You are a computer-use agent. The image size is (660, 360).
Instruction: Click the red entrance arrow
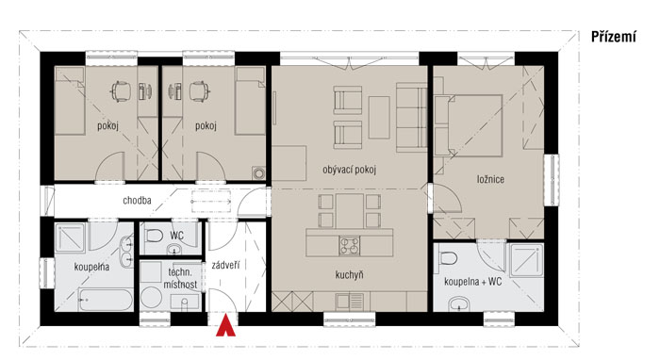click(x=225, y=327)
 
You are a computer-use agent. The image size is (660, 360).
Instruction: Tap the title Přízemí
click(x=613, y=37)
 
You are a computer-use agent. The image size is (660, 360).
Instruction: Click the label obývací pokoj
click(x=350, y=170)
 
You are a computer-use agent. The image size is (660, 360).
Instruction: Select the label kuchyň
click(x=349, y=275)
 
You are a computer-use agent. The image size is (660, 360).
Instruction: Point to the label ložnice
click(x=490, y=179)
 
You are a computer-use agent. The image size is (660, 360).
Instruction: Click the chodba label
click(x=137, y=200)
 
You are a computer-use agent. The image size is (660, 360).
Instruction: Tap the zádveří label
click(x=226, y=265)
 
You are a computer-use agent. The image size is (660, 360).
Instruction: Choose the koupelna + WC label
click(x=473, y=282)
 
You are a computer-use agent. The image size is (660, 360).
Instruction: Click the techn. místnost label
click(x=181, y=278)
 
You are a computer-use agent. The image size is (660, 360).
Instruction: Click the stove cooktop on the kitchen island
click(x=350, y=246)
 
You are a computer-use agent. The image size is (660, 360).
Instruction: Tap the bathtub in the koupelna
click(x=106, y=300)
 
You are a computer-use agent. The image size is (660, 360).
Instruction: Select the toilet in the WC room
click(x=154, y=235)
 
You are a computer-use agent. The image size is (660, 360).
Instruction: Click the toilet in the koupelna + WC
click(x=448, y=257)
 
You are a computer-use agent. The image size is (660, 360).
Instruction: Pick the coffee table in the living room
click(x=379, y=118)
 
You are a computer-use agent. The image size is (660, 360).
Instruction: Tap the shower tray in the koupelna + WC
click(x=526, y=260)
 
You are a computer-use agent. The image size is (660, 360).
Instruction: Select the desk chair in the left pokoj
click(x=120, y=91)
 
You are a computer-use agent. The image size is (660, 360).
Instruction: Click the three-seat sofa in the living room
click(x=411, y=118)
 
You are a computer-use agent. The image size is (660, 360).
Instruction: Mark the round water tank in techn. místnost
click(x=151, y=298)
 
